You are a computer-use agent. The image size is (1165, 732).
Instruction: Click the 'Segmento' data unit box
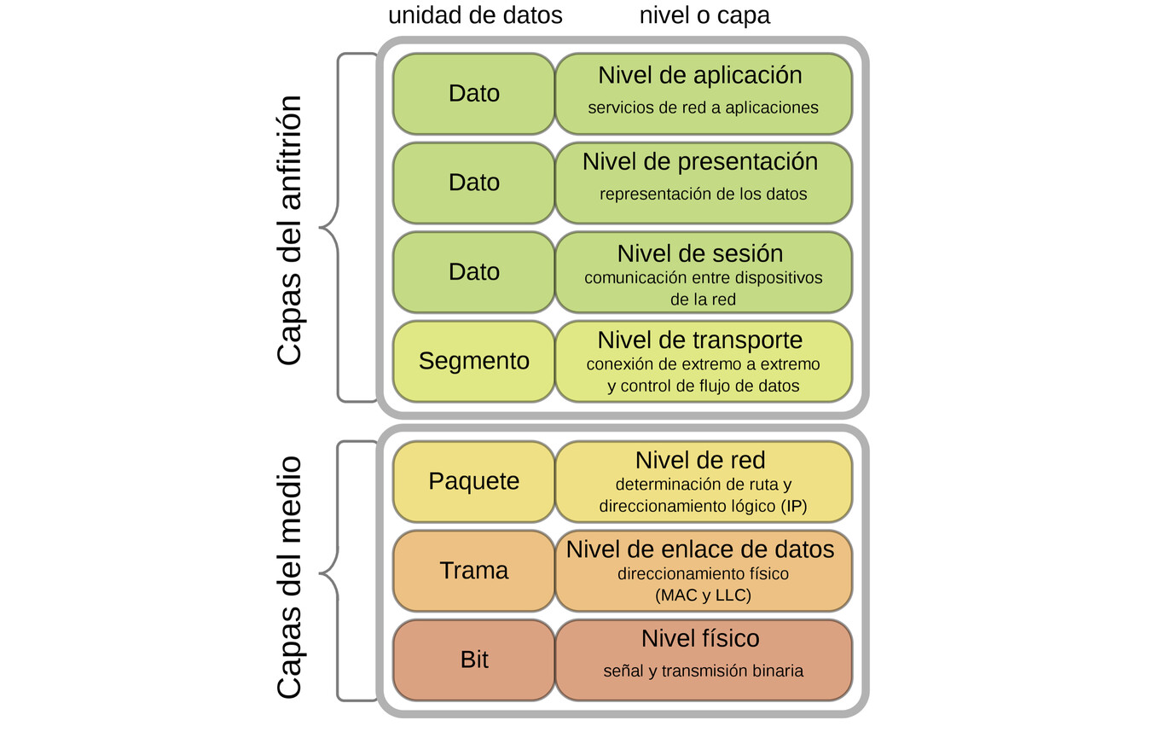473,361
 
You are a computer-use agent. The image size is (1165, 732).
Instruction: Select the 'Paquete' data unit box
473,481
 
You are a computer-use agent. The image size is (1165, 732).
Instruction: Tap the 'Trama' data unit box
473,571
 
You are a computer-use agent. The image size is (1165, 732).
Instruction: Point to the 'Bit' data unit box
473,659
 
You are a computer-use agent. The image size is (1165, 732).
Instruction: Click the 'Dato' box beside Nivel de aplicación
473,93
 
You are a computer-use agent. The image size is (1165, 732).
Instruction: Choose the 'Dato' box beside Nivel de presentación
473,183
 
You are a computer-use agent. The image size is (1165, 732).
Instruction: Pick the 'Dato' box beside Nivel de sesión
473,271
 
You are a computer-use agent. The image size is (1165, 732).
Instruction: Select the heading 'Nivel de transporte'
700,340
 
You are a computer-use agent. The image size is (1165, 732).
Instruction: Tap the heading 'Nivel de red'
700,461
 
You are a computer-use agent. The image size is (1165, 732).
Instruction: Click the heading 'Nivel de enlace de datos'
700,549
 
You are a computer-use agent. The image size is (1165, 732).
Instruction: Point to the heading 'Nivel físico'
700,638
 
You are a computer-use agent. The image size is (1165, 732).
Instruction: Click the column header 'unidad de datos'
475,15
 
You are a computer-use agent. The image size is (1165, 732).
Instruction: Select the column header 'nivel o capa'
704,15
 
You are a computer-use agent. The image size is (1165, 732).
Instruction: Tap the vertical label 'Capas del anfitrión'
290,230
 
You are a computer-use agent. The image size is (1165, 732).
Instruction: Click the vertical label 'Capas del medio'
290,578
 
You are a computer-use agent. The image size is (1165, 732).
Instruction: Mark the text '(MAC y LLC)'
703,595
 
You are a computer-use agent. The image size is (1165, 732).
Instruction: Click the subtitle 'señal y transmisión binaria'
703,671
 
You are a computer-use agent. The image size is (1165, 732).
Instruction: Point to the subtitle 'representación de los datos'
703,195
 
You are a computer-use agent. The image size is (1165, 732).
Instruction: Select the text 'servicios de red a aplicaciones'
703,108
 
